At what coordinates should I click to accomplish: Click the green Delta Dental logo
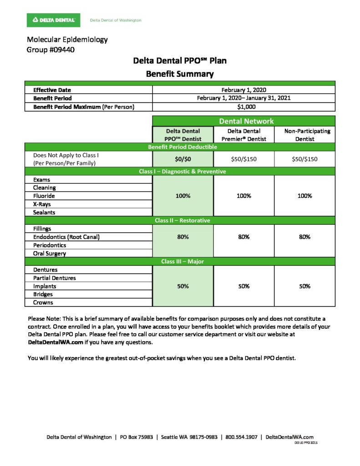click(54, 20)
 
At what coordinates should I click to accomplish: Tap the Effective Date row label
click(52, 90)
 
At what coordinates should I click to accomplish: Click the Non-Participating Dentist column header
click(304, 135)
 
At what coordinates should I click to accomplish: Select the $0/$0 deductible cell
click(182, 159)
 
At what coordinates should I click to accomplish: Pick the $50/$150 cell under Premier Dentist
click(243, 159)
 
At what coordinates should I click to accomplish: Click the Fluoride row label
click(44, 196)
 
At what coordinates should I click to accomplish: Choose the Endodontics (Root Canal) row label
click(66, 237)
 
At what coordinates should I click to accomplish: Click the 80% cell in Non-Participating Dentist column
click(304, 237)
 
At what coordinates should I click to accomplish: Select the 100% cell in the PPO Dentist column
click(182, 196)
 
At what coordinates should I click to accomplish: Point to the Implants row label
click(44, 286)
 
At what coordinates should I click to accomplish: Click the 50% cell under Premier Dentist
click(243, 286)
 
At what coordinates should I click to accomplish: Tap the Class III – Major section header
click(182, 262)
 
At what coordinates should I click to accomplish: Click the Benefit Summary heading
click(179, 74)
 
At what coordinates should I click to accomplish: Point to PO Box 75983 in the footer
click(136, 437)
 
